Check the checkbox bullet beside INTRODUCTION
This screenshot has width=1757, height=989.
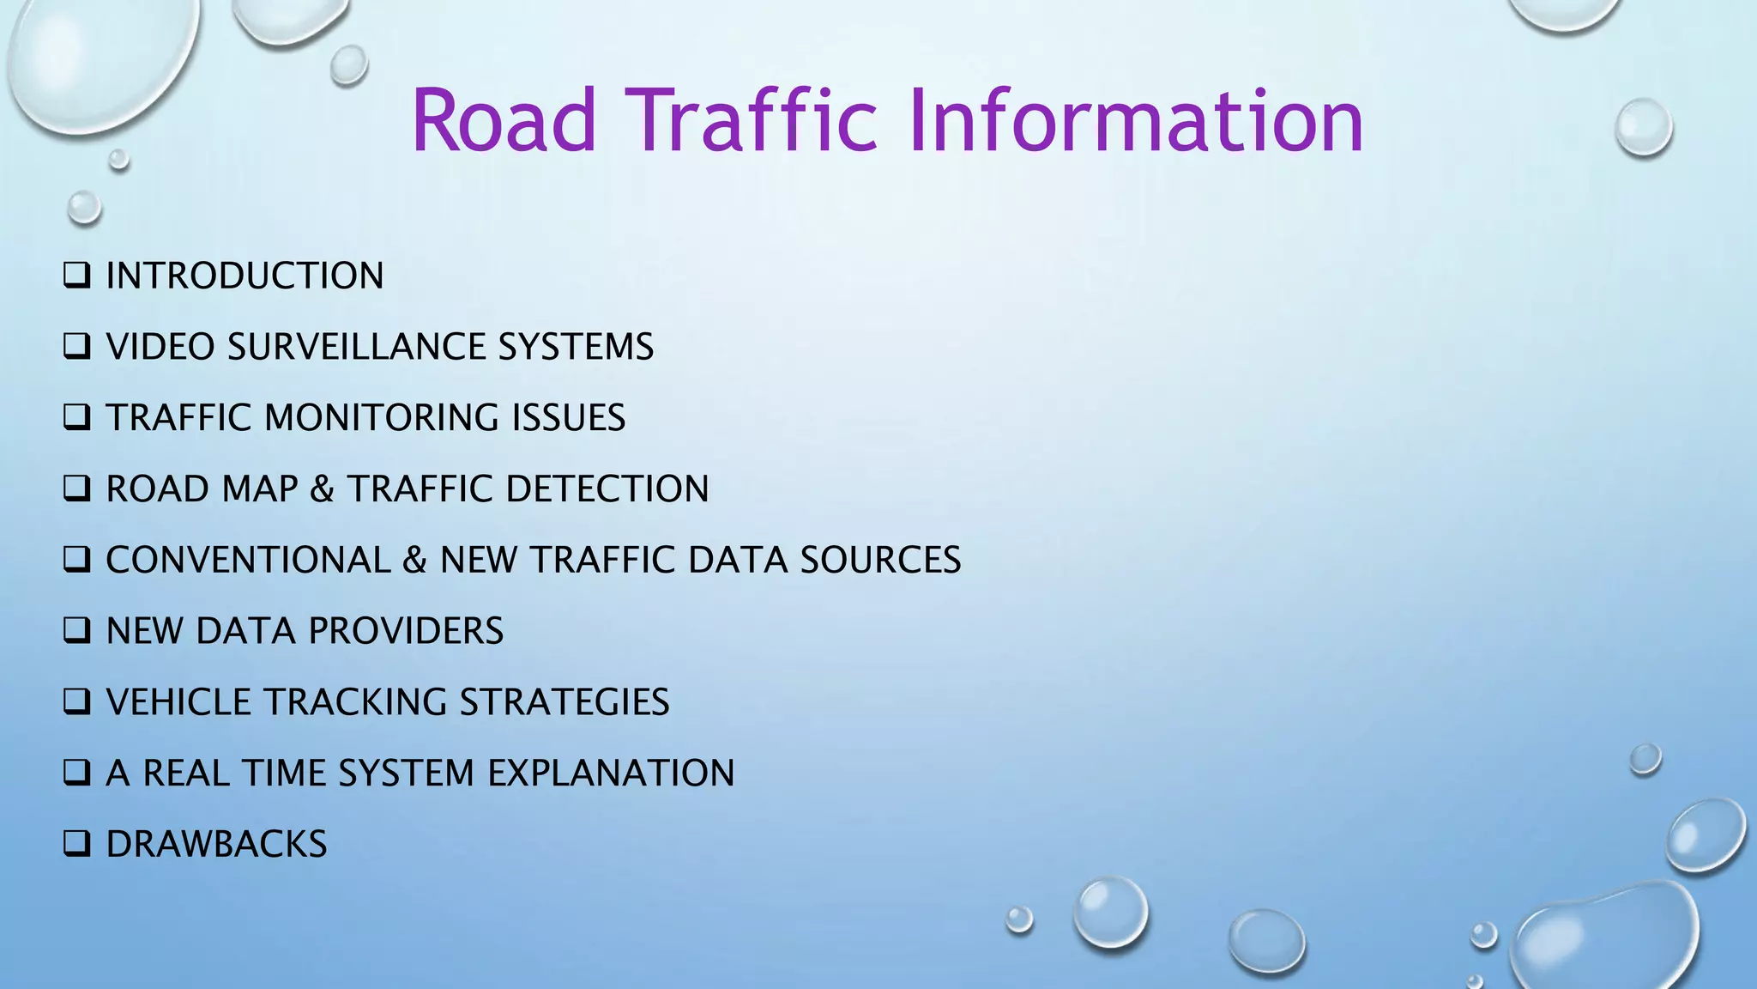76,276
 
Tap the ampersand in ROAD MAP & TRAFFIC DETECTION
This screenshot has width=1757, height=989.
322,489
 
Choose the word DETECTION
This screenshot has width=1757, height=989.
607,489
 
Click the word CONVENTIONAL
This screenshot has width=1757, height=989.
248,560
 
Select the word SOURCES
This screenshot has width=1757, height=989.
880,560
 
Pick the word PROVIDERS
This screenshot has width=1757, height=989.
406,631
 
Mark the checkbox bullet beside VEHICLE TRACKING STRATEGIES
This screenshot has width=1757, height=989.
76,702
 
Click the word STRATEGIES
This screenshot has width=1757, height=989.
565,702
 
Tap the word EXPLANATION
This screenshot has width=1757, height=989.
611,773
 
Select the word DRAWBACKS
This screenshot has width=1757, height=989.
216,844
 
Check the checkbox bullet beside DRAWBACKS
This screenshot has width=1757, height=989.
76,844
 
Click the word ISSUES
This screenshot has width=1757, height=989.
569,418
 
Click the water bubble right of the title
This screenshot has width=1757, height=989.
1643,127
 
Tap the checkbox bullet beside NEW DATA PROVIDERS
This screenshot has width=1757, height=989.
76,631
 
